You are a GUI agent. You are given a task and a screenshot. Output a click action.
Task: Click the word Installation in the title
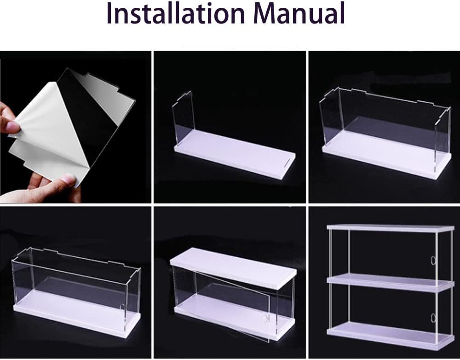[175, 13]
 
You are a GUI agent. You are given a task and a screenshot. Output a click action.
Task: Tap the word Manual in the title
[299, 13]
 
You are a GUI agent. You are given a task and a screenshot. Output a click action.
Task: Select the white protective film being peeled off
[44, 129]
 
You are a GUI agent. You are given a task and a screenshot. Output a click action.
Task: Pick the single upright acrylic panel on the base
[183, 117]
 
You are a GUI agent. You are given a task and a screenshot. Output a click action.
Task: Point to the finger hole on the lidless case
[122, 307]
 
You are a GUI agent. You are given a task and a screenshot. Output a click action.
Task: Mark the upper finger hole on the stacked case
[433, 261]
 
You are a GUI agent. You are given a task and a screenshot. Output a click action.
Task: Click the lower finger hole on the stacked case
[433, 318]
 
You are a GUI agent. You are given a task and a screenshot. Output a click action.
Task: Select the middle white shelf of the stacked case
[391, 282]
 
